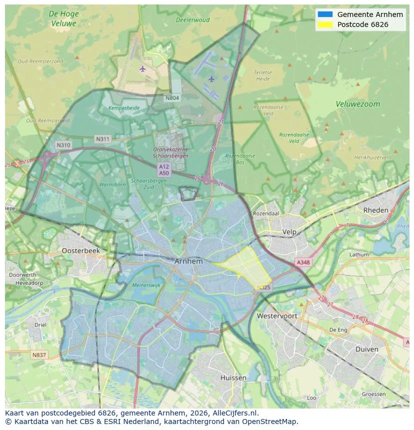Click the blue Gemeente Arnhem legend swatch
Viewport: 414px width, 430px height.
[x=324, y=14]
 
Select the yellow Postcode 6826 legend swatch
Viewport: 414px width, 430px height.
[x=324, y=24]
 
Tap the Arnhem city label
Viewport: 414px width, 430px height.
[x=188, y=261]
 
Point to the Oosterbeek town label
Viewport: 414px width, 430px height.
[x=80, y=251]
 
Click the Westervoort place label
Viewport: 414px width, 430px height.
[x=276, y=316]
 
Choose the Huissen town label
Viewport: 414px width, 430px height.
[x=233, y=378]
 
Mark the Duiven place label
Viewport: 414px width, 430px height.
[x=366, y=349]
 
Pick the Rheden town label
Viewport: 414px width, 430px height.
[x=375, y=210]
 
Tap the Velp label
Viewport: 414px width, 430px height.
[x=289, y=232]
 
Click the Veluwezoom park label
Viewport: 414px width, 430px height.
[x=357, y=104]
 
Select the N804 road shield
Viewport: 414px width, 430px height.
[x=172, y=98]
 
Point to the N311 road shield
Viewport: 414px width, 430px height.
[x=103, y=139]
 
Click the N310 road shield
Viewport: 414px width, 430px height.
[x=63, y=145]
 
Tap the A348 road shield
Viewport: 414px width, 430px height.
[x=303, y=262]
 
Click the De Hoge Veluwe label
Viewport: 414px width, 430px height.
[x=63, y=18]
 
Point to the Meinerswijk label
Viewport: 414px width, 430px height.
[x=146, y=285]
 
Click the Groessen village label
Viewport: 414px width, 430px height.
[x=373, y=394]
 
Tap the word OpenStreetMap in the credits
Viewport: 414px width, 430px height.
[x=269, y=422]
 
